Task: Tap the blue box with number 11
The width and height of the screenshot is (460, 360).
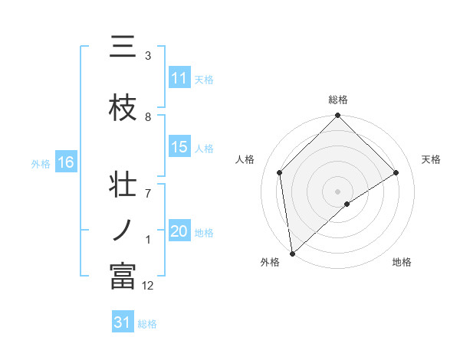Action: [x=179, y=78]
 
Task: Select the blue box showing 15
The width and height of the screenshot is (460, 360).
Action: [x=179, y=147]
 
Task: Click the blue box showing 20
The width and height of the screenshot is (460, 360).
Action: [x=179, y=231]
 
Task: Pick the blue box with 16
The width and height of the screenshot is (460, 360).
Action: [x=66, y=162]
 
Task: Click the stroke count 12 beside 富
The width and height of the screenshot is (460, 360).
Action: [x=148, y=286]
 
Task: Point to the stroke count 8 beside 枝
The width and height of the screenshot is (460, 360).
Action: [x=148, y=116]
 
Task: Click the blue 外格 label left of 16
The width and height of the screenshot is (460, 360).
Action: [x=41, y=163]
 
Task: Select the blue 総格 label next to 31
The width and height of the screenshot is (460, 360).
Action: [x=147, y=324]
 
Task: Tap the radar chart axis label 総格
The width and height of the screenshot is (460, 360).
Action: [x=338, y=100]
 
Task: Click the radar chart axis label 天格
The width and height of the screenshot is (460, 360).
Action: [x=432, y=159]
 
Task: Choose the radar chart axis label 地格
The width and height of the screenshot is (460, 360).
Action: [x=402, y=262]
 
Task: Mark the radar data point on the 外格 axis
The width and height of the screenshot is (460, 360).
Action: [x=291, y=254]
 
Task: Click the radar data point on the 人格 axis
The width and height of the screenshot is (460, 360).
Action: [x=280, y=172]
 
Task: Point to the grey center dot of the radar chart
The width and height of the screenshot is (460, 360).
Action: [x=338, y=191]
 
